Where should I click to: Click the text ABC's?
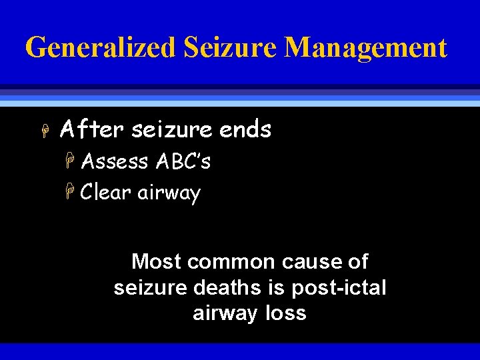[183, 161]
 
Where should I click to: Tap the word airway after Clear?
[169, 193]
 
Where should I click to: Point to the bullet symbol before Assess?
[71, 161]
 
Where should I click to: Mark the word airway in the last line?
[223, 314]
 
